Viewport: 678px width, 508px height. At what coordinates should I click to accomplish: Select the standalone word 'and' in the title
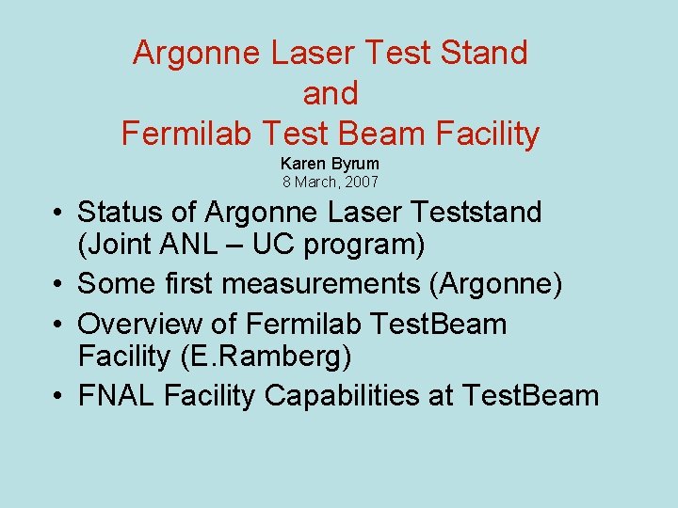click(x=331, y=93)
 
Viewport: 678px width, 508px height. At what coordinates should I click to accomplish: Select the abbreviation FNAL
click(x=116, y=396)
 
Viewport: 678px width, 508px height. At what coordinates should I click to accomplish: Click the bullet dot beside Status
click(x=58, y=214)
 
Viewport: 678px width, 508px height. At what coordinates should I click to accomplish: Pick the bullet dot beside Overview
click(x=58, y=325)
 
